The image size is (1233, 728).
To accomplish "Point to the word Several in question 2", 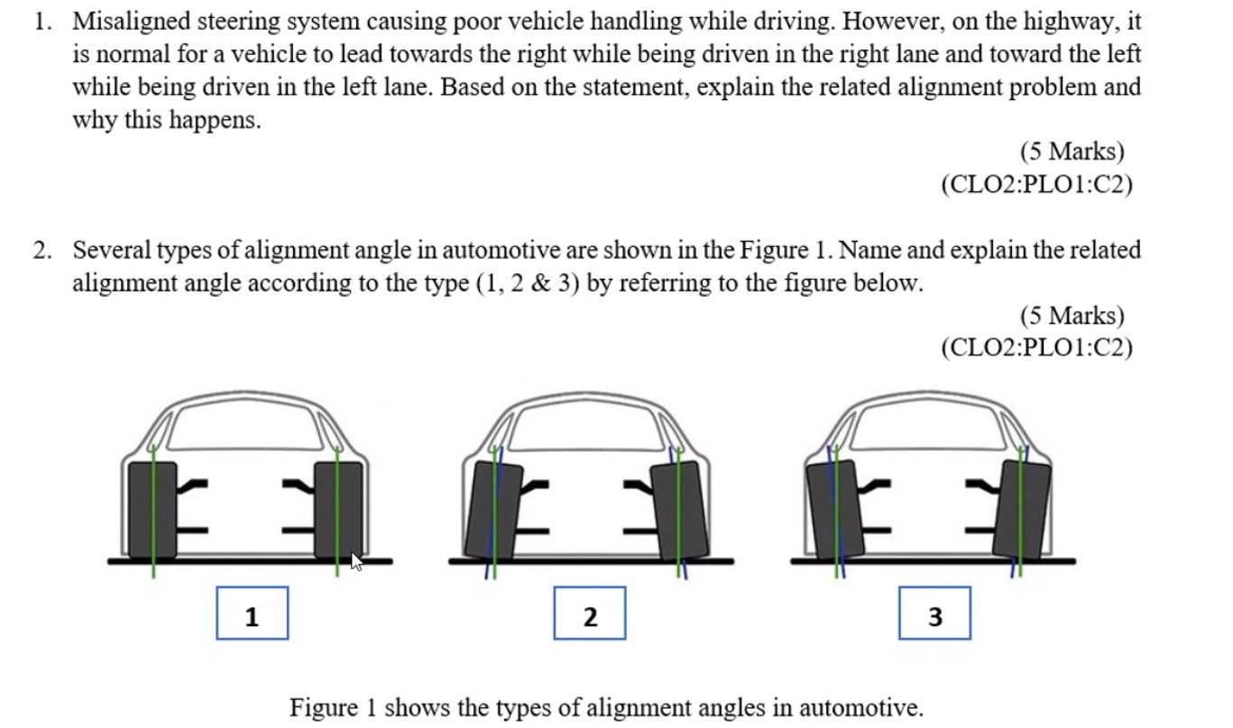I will point(112,250).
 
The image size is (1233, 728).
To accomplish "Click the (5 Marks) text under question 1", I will point(1072,151).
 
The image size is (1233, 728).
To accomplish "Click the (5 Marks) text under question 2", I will point(1072,315).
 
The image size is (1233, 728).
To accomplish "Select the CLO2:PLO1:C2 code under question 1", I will point(1036,184).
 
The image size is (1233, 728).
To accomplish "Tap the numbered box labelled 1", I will point(252,613).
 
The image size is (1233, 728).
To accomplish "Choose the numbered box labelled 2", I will point(589,613).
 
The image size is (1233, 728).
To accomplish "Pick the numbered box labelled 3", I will point(934,613).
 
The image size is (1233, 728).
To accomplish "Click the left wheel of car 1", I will point(152,511).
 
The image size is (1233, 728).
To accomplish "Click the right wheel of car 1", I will point(338,511).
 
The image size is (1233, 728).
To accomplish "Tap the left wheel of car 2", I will point(493,511).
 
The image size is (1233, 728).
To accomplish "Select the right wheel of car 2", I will point(680,511).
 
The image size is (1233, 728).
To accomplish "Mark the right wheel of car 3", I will point(1022,511).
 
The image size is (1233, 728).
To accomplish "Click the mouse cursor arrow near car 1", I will point(356,561).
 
